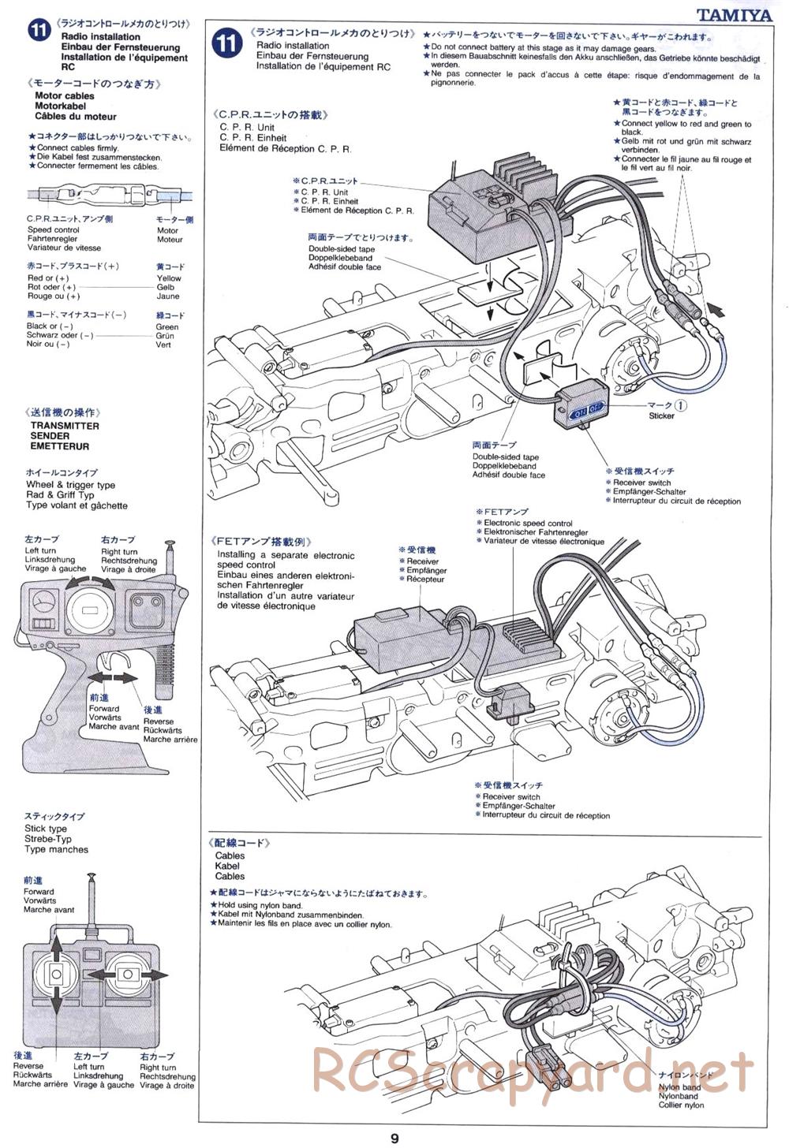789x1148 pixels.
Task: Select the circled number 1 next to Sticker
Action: [x=680, y=405]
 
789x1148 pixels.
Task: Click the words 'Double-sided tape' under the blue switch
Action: [x=505, y=457]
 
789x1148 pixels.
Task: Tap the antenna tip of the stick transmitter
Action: [x=92, y=876]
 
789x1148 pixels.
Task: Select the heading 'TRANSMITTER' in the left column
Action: [x=65, y=426]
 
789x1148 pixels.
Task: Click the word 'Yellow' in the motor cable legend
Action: [x=169, y=278]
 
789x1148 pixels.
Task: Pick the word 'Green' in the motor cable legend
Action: [x=167, y=326]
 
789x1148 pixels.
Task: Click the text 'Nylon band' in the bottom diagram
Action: [x=679, y=1088]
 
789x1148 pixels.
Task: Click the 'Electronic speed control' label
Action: [x=528, y=524]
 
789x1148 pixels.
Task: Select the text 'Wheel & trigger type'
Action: [x=70, y=485]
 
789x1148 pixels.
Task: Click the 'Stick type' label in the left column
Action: [x=46, y=829]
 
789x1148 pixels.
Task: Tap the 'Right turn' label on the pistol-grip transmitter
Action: [x=118, y=552]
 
